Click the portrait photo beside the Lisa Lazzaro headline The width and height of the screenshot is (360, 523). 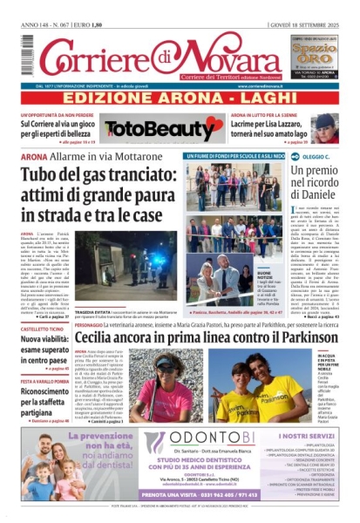pos(327,127)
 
